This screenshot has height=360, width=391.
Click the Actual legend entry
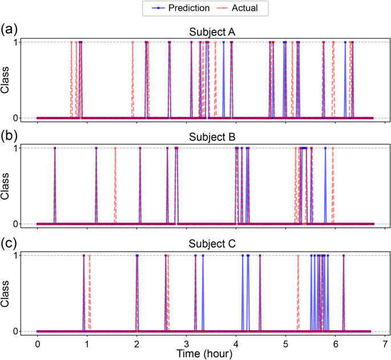239,9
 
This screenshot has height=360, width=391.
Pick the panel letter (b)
10,135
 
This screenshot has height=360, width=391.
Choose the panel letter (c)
10,241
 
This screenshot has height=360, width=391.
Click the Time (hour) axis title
204,354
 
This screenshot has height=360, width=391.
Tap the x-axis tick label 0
37,345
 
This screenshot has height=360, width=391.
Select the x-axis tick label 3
186,345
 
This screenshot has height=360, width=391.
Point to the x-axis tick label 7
385,345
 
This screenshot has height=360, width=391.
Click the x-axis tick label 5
286,345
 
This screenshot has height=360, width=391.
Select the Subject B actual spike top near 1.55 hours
115,148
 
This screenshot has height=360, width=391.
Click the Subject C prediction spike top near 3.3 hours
203,255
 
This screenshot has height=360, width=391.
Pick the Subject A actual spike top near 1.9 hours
132,42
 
